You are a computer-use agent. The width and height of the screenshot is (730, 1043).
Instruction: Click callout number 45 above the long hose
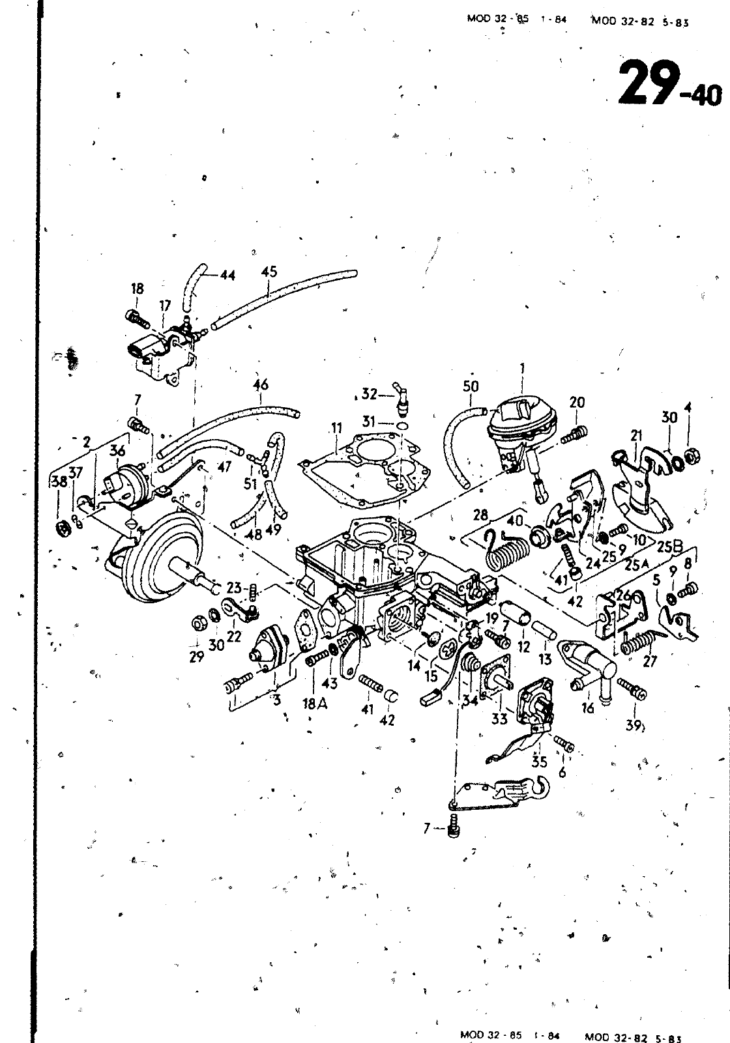pos(269,272)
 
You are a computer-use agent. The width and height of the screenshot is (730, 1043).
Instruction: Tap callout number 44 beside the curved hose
pos(227,276)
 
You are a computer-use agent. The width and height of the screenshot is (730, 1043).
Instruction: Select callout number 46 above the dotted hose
pos(261,385)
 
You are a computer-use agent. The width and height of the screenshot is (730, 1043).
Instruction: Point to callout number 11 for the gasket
pos(336,428)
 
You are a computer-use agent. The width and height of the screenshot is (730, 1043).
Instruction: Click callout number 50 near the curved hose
pos(471,386)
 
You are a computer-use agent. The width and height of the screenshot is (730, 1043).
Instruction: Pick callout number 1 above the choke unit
pos(522,369)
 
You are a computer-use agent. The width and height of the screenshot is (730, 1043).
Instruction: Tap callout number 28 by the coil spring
pos(481,516)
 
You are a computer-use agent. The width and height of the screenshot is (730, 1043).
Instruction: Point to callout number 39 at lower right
pos(633,725)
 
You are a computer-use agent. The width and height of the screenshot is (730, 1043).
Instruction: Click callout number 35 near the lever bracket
pos(539,761)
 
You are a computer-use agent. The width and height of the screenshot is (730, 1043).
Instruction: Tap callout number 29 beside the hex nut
pos(196,657)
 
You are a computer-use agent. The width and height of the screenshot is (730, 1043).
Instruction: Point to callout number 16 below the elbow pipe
pos(588,707)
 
